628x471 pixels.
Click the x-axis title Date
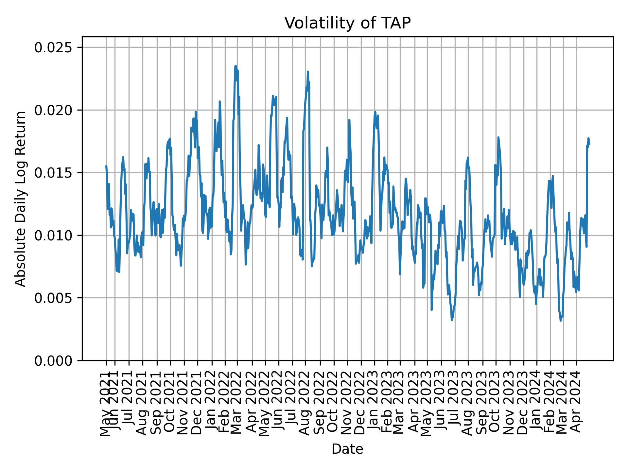pyautogui.click(x=347, y=449)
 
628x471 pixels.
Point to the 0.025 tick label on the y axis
pyautogui.click(x=53, y=47)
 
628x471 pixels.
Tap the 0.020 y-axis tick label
pyautogui.click(x=53, y=110)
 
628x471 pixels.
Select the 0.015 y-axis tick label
pyautogui.click(x=53, y=173)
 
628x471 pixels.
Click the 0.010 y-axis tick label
pyautogui.click(x=53, y=235)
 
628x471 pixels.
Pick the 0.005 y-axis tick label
pyautogui.click(x=53, y=298)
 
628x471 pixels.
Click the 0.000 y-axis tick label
pyautogui.click(x=53, y=360)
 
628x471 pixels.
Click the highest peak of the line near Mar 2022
pyautogui.click(x=235, y=66)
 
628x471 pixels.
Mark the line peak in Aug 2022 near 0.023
pyautogui.click(x=308, y=71)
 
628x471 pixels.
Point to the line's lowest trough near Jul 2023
pyautogui.click(x=452, y=320)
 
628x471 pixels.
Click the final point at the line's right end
pyautogui.click(x=589, y=144)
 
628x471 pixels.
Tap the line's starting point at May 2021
pyautogui.click(x=106, y=166)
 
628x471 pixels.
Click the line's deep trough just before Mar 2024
pyautogui.click(x=561, y=321)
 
